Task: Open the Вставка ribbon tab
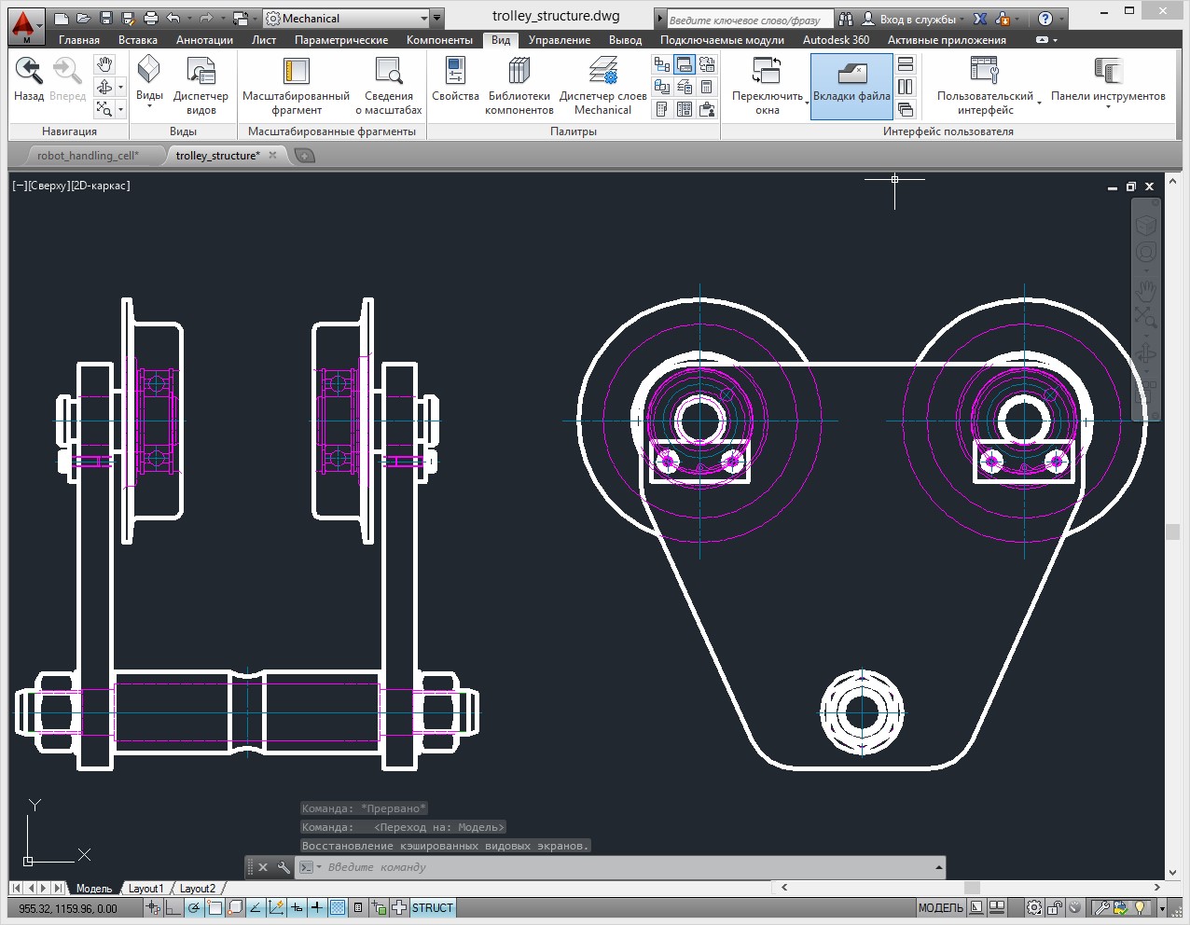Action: coord(137,40)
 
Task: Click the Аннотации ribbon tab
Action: coord(204,40)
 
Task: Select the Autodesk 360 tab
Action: coord(836,40)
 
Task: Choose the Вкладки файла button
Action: coord(851,85)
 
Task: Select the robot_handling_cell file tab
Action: coord(88,156)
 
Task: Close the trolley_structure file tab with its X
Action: coord(273,156)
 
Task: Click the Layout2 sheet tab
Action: coord(197,889)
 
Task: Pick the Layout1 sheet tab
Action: coord(145,889)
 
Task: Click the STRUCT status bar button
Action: coord(432,908)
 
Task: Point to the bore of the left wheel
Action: coord(700,420)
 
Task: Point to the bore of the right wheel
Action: coord(1024,420)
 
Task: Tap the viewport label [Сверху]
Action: coord(48,186)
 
